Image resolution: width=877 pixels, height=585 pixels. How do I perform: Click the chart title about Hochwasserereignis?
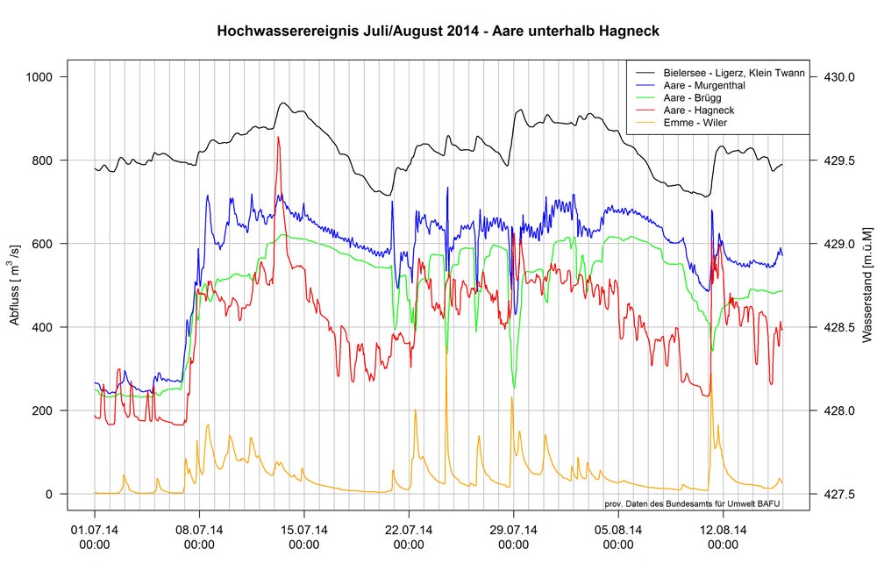point(438,31)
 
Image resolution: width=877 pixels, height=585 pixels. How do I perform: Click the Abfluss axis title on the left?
point(15,285)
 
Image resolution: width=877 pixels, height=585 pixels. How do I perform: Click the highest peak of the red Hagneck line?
point(278,137)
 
